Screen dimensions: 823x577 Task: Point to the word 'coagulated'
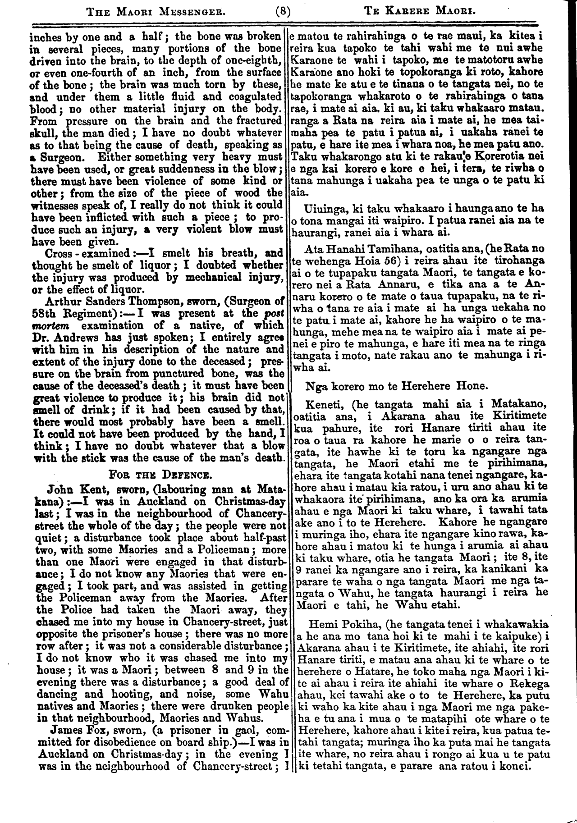pyautogui.click(x=254, y=96)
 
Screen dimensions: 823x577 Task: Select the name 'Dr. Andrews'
pyautogui.click(x=62, y=338)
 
